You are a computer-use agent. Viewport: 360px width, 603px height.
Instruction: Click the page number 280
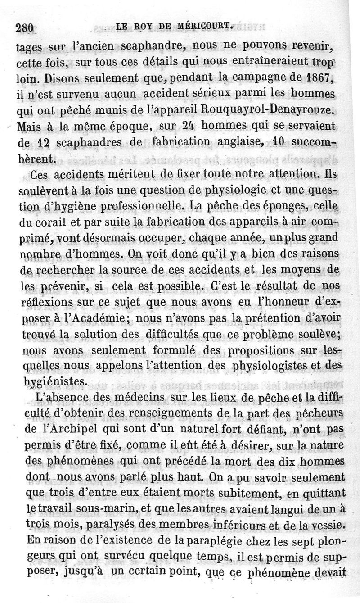tap(25, 27)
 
